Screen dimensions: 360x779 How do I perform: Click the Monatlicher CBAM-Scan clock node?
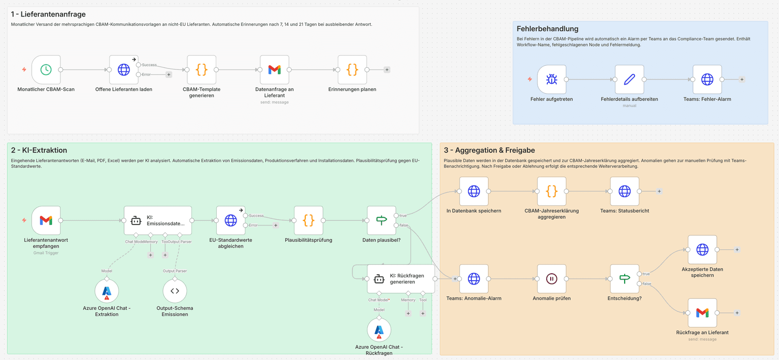pos(46,70)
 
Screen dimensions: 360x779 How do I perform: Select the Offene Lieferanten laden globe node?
pos(124,70)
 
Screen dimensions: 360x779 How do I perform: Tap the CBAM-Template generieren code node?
pos(202,70)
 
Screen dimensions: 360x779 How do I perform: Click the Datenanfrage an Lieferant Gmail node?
pos(275,70)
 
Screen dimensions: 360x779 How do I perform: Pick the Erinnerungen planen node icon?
pos(352,70)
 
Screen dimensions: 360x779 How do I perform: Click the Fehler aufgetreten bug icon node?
pos(552,79)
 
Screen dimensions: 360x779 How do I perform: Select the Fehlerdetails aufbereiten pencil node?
pos(629,79)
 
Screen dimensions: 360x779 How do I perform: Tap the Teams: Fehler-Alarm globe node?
pos(707,79)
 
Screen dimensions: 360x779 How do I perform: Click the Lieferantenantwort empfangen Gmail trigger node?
pos(46,220)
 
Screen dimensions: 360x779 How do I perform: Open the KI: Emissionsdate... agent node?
pos(158,220)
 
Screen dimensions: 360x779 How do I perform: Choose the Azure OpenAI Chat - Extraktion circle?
pos(107,291)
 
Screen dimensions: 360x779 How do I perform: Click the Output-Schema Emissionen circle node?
pos(175,291)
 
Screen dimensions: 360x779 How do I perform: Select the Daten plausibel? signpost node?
pos(381,220)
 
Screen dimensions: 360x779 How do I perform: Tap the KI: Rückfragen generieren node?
pos(401,279)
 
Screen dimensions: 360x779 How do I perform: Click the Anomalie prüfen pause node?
pos(552,279)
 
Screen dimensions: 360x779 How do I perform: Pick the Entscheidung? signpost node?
pos(625,279)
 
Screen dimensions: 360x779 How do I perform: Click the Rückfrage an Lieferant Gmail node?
pos(702,313)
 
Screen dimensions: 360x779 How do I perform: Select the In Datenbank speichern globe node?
pos(474,191)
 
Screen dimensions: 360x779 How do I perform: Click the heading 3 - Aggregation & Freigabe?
pos(489,151)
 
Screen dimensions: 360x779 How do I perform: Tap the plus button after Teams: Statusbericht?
pos(659,191)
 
